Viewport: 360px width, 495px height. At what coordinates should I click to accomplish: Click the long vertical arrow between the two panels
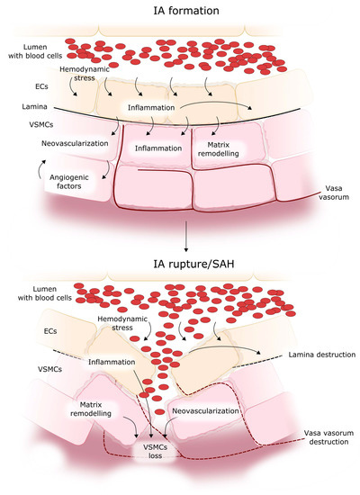(184, 237)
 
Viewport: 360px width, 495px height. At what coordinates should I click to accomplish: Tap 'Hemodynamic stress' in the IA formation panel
(85, 74)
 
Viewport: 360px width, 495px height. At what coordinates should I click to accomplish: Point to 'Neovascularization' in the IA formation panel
(76, 142)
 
